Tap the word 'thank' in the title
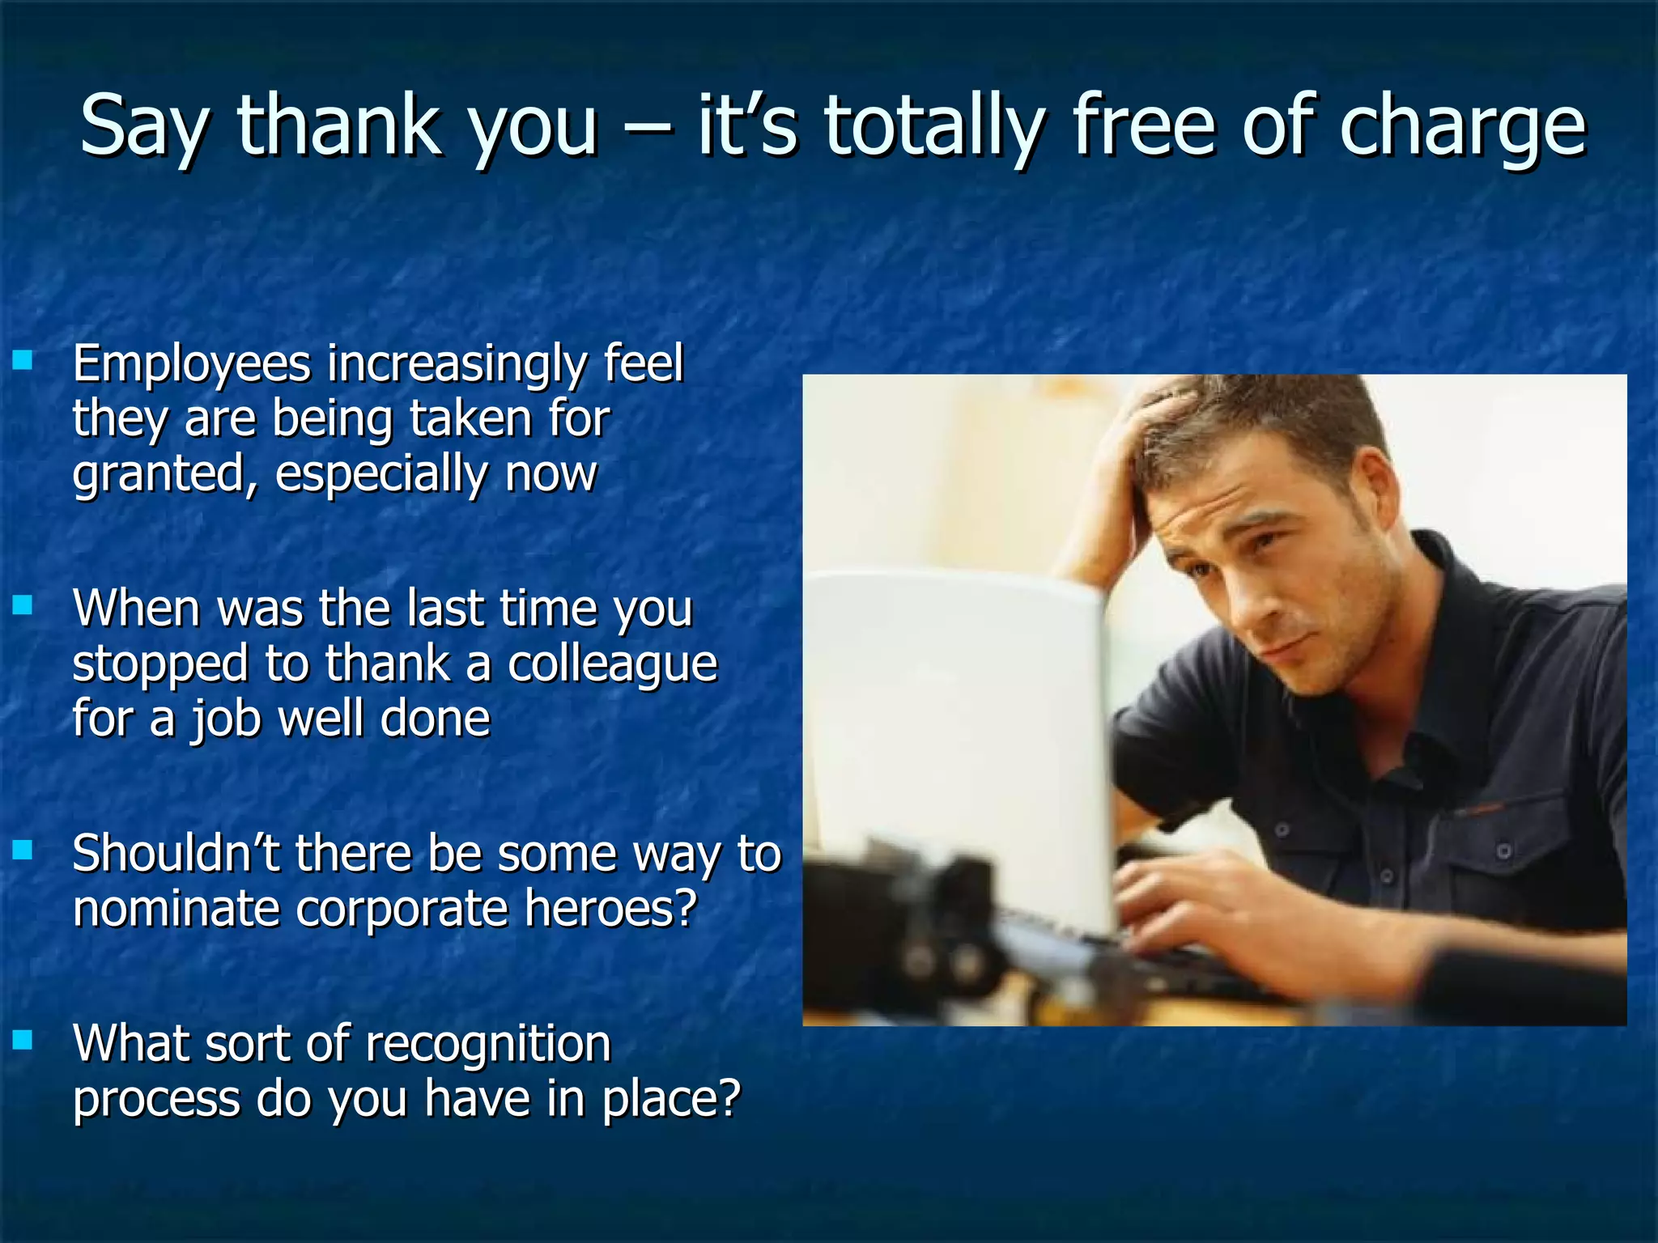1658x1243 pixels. [338, 125]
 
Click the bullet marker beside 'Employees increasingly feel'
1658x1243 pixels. [23, 360]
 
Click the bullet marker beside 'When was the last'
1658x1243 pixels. [23, 605]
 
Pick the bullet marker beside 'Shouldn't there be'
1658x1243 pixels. [23, 850]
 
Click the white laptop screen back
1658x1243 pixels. [955, 728]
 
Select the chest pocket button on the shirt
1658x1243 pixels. [1504, 851]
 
